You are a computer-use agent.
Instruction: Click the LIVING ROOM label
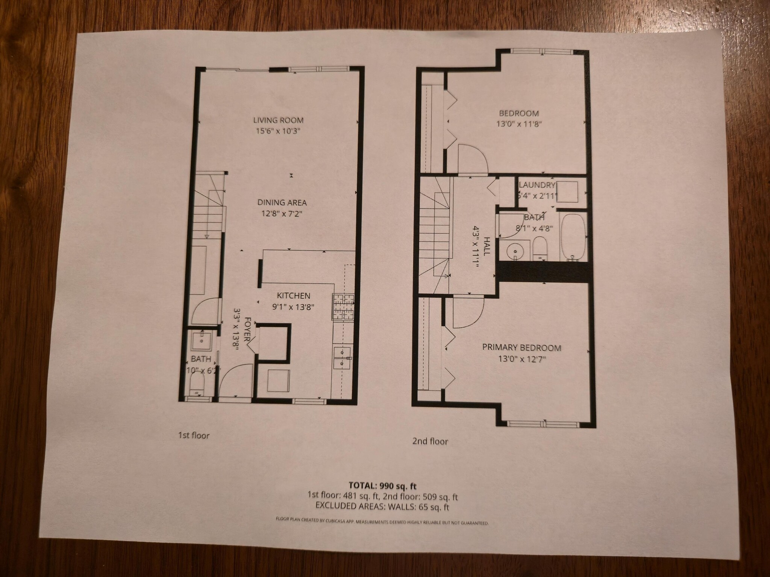(x=278, y=120)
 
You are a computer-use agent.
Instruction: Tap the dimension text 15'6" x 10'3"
(x=278, y=131)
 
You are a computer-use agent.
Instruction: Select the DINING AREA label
(x=282, y=202)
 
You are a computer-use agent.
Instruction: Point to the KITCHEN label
(x=294, y=296)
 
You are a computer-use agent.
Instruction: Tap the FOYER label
(x=248, y=329)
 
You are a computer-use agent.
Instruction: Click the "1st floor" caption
(x=193, y=435)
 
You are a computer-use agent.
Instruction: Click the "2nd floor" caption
(x=430, y=441)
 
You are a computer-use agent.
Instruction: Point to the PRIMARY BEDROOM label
(x=521, y=347)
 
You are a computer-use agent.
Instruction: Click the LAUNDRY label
(x=537, y=185)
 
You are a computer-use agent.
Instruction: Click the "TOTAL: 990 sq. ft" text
(x=383, y=486)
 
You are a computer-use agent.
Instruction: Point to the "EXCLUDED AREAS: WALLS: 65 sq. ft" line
(x=383, y=507)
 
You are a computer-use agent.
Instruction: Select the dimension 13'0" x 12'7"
(x=522, y=359)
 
